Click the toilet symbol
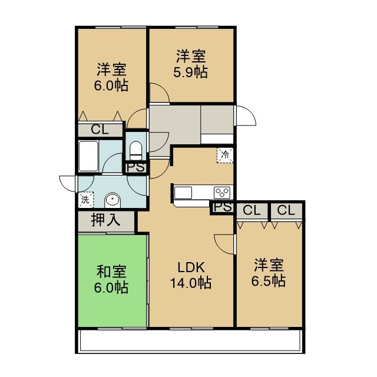(136, 151)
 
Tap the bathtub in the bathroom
(88, 156)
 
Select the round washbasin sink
(113, 200)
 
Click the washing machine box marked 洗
(86, 200)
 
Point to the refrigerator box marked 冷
(225, 156)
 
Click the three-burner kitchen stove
(222, 193)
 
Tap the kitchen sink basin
(183, 193)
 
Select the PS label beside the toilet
(136, 167)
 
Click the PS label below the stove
(223, 207)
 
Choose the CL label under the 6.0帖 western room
(100, 130)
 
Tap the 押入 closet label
(105, 220)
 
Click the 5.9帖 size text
(190, 72)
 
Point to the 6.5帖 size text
(269, 281)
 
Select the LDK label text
(191, 267)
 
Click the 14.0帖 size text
(191, 283)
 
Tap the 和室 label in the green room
(111, 272)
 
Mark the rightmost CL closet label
(286, 210)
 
